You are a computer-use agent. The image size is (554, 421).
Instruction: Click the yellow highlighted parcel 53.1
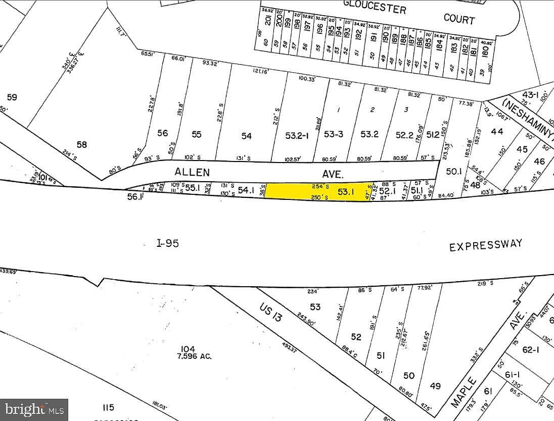pos(318,191)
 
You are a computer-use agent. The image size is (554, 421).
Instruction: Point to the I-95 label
pos(167,243)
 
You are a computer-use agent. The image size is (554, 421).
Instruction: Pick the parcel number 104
pos(188,349)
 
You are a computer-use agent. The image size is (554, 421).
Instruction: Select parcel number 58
pos(81,145)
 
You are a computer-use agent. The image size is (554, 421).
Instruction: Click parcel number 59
pos(11,97)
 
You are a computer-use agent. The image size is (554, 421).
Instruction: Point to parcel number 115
pos(108,407)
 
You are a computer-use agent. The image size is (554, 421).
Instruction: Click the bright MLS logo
pos(34,409)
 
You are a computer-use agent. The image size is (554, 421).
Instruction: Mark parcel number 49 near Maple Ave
pos(435,386)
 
